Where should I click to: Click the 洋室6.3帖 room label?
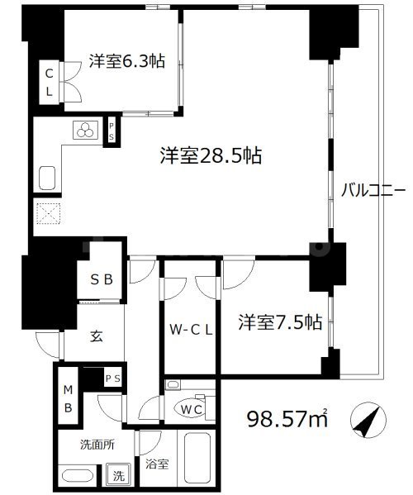point(126,60)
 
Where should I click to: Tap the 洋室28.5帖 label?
point(211,155)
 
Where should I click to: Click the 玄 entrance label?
point(96,337)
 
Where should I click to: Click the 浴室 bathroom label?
point(158,464)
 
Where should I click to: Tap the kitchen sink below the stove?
point(47,178)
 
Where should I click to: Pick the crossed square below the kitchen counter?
point(47,215)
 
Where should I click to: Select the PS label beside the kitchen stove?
point(112,131)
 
